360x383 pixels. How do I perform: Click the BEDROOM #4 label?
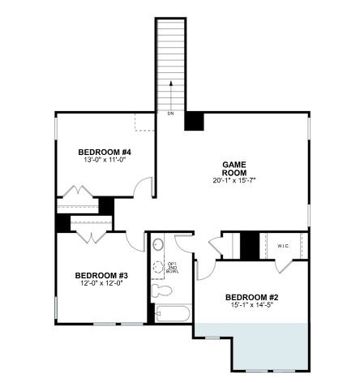click(x=105, y=152)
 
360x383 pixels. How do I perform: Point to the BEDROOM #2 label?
click(x=251, y=297)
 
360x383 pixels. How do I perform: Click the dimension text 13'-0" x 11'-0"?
click(x=105, y=161)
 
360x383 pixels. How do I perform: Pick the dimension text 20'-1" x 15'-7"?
click(x=234, y=180)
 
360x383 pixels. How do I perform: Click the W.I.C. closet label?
click(x=283, y=245)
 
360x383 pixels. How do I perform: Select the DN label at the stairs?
click(x=170, y=113)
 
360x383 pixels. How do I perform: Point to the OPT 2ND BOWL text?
click(x=173, y=267)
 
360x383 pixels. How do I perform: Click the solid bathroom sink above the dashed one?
click(x=159, y=244)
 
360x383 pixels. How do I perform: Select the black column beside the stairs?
click(x=194, y=120)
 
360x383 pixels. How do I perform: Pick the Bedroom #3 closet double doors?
click(x=90, y=236)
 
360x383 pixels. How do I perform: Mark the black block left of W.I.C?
click(x=250, y=245)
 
